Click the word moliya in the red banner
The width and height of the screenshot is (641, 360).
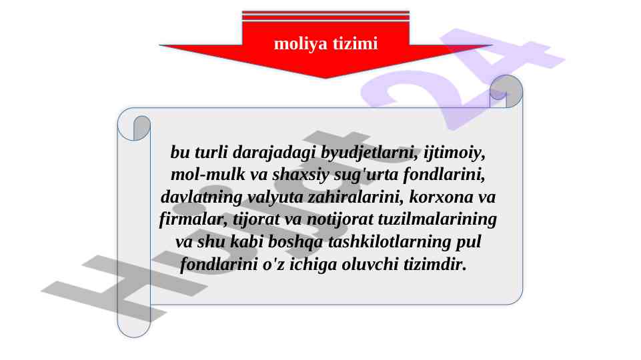(x=300, y=44)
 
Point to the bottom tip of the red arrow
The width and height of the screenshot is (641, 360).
(x=326, y=77)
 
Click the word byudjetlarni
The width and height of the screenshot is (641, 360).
(x=369, y=153)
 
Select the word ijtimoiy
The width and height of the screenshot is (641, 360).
(x=454, y=153)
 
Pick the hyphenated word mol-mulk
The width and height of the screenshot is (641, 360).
(x=207, y=175)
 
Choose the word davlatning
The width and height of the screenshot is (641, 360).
(x=201, y=197)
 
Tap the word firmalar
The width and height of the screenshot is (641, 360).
(x=193, y=219)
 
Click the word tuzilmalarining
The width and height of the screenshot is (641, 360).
(x=437, y=219)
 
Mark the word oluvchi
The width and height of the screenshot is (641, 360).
(x=370, y=265)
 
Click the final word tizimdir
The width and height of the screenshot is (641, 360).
(x=435, y=265)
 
